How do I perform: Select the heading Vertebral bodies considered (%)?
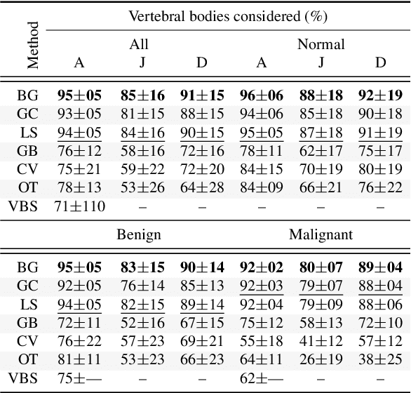(x=229, y=15)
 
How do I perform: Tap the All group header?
(x=140, y=44)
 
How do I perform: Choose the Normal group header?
(x=321, y=44)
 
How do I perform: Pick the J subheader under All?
(x=142, y=62)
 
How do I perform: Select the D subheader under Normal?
(x=381, y=62)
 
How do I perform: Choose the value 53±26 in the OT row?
(x=142, y=187)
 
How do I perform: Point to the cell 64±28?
(x=201, y=187)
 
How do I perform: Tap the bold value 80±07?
(x=321, y=267)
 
